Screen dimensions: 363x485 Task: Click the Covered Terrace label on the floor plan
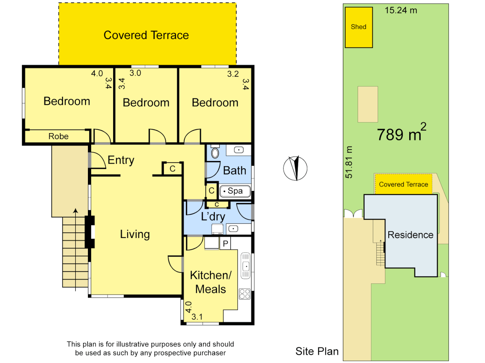coord(146,35)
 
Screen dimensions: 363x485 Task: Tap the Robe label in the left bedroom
coord(58,136)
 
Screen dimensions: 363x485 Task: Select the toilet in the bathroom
coord(215,153)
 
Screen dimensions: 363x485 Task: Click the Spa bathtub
coord(235,191)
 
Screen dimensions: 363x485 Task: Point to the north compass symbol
coord(295,168)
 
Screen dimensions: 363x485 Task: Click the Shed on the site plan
coord(359,27)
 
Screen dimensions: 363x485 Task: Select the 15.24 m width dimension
coord(401,10)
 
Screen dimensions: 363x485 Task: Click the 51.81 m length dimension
coord(349,162)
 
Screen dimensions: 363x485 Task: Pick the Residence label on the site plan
coord(410,235)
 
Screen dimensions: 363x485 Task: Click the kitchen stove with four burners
coord(245,294)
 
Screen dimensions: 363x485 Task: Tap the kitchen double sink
coord(246,266)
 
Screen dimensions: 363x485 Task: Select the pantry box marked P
coord(225,244)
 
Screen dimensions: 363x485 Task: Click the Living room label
coord(135,234)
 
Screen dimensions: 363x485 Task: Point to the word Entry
coord(121,160)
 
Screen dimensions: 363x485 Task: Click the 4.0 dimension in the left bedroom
coord(97,73)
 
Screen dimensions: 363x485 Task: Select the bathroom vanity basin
coord(239,150)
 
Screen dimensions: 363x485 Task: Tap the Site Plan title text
coord(317,351)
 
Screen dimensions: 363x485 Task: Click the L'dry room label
coord(213,217)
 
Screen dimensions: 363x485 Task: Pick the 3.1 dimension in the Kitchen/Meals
coord(197,317)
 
